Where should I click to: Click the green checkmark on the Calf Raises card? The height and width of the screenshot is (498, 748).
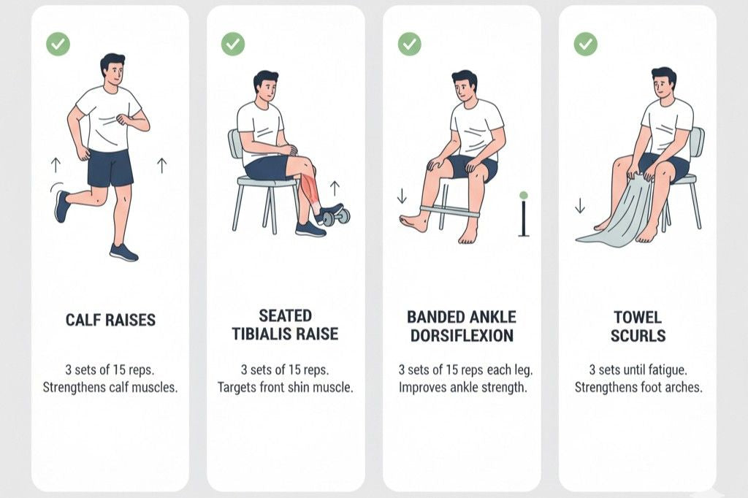coord(58,44)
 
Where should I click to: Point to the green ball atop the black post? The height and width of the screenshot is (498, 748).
coord(523,196)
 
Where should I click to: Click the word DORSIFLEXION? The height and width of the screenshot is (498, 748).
coord(462,336)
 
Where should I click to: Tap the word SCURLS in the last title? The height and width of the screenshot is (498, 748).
coord(638,336)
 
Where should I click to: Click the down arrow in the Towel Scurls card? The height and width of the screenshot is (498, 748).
coord(580,207)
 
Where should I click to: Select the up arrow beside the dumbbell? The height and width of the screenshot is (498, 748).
coord(335,187)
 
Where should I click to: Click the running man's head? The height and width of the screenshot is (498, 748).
coord(112,69)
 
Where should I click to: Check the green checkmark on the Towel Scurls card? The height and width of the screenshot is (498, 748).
coord(585,44)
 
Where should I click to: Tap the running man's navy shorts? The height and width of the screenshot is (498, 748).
coord(110,168)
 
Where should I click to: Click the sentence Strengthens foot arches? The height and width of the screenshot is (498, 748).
coord(638,388)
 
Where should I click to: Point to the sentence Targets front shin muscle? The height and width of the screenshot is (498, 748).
coord(285,388)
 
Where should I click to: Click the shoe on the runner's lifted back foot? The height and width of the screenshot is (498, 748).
coord(62,206)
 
